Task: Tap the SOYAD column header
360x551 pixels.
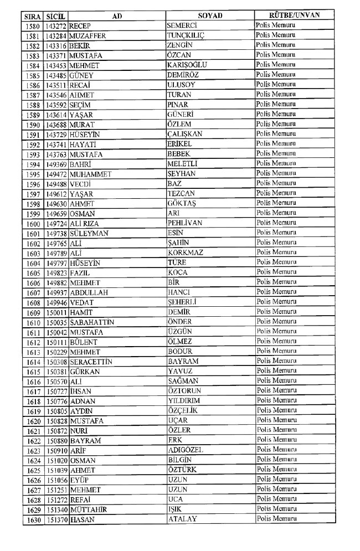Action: point(210,16)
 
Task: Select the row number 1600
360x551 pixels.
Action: point(34,224)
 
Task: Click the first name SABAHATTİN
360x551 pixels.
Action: point(92,322)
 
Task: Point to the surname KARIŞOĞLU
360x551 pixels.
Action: point(187,65)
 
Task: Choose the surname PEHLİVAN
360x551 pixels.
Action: point(185,223)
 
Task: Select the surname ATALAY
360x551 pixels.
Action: point(182,519)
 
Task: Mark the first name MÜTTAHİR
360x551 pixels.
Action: point(88,510)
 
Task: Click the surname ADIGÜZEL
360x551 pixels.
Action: point(186,451)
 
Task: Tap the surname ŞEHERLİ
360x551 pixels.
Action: point(183,302)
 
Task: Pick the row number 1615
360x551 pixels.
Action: point(34,372)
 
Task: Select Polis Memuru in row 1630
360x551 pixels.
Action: point(276,519)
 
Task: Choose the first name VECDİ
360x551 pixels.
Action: point(81,184)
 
